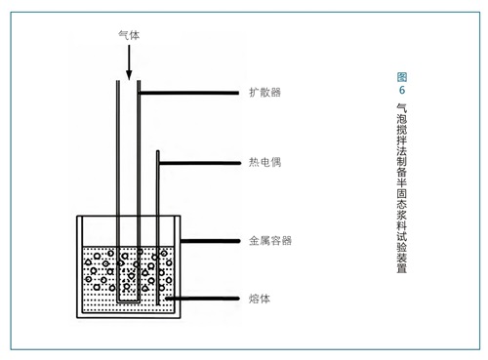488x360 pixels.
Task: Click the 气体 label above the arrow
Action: click(129, 35)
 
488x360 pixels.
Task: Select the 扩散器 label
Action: click(264, 93)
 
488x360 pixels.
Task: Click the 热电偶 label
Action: click(264, 162)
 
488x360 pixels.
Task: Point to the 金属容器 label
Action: click(270, 241)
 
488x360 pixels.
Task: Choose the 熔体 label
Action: click(260, 299)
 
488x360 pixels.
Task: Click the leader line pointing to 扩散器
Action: click(189, 93)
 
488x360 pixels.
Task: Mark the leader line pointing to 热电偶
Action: click(200, 163)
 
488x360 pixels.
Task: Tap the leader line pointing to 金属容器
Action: click(210, 241)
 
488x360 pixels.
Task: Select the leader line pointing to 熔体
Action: click(202, 299)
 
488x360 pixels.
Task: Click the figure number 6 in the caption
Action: click(402, 90)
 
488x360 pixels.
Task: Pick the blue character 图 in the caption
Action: click(402, 77)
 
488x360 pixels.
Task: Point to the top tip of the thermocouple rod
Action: click(158, 151)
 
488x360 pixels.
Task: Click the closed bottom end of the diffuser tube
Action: click(129, 301)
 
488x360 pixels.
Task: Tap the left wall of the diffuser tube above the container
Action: click(118, 148)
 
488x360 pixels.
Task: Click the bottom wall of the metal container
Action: click(129, 315)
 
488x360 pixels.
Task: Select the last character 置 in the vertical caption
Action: click(402, 268)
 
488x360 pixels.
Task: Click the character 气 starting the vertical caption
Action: click(402, 108)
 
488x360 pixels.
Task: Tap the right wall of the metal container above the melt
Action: click(178, 231)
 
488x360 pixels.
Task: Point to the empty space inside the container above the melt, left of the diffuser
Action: click(99, 231)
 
